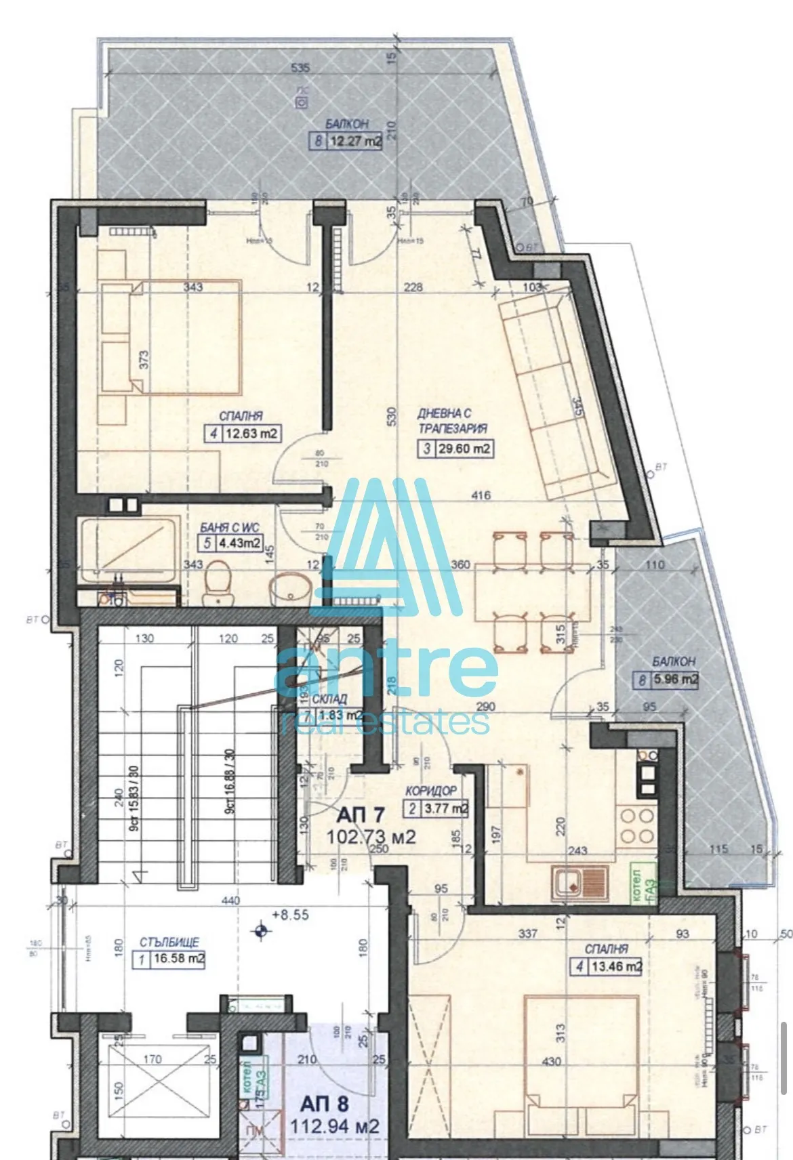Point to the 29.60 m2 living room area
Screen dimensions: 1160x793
pos(464,448)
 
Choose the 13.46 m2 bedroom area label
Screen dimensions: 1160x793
pos(615,966)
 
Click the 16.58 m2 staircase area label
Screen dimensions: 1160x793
pos(177,958)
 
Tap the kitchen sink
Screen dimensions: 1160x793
pos(580,884)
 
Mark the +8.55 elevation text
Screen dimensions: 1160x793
pos(289,915)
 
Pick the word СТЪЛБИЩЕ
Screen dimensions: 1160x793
pos(169,942)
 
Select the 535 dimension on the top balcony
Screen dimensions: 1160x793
pos(300,68)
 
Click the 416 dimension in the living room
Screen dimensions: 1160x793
pos(479,495)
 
